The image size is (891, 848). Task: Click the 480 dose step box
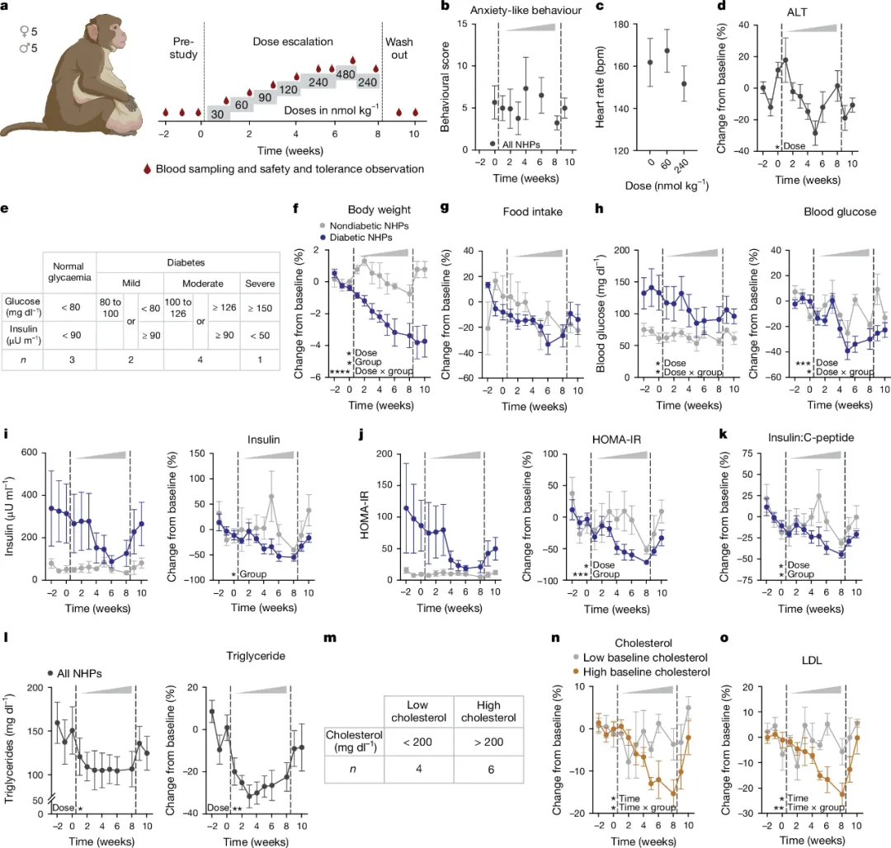(x=345, y=74)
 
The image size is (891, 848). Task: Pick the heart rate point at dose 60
(x=643, y=51)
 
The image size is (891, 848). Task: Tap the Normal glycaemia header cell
(x=69, y=272)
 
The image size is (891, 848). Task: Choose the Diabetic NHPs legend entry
(x=363, y=237)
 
